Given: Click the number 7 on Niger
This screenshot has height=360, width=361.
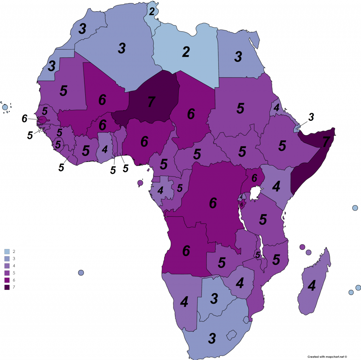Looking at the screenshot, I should pos(151,101).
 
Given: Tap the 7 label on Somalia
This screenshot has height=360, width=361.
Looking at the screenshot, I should pos(326,142).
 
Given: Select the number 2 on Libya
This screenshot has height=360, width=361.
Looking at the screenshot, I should pos(186,52).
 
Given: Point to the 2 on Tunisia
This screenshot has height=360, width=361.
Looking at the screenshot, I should pos(152,12).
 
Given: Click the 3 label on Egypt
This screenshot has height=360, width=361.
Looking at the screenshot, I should pos(238,56).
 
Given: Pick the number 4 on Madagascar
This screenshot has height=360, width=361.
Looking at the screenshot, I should pos(311,286).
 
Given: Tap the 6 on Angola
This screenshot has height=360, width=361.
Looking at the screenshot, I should pos(186,250).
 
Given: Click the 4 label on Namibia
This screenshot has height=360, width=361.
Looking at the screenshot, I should pos(184,302).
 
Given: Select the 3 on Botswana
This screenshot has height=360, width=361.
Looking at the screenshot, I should pos(214,298).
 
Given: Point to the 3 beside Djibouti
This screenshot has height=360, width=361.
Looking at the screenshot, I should pos(311,117).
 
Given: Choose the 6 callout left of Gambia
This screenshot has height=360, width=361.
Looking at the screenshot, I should pos(24,119).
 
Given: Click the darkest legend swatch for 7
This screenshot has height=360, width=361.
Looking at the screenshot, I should pos(7,287).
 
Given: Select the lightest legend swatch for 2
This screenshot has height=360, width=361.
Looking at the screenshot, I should pos(7,252).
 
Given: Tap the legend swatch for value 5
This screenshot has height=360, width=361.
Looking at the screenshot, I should pos(7,273).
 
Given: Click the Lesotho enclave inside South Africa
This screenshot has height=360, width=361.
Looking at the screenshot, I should pos(231,335).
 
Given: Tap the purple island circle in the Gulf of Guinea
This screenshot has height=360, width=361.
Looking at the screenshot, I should pos(140,183).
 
